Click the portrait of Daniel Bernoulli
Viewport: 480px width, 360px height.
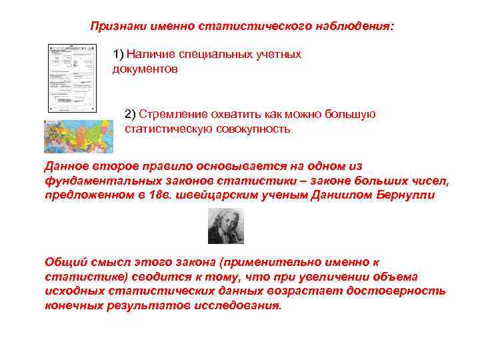point(225,225)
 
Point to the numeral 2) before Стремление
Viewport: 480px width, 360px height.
point(130,114)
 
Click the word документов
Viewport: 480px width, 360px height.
point(145,69)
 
